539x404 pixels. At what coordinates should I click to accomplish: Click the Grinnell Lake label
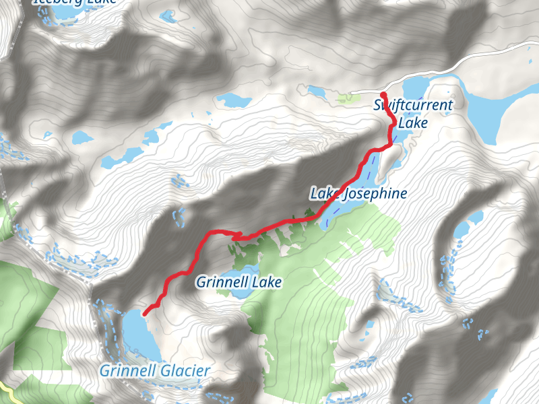click(239, 282)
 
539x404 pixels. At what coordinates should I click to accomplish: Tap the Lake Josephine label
click(358, 195)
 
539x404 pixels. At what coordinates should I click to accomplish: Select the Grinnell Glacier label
click(155, 370)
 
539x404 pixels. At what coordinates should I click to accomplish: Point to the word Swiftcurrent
click(413, 105)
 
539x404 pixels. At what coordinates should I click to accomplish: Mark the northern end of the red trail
click(383, 95)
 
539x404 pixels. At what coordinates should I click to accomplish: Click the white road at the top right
click(485, 61)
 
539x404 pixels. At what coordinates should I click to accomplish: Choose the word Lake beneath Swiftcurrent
click(413, 123)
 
